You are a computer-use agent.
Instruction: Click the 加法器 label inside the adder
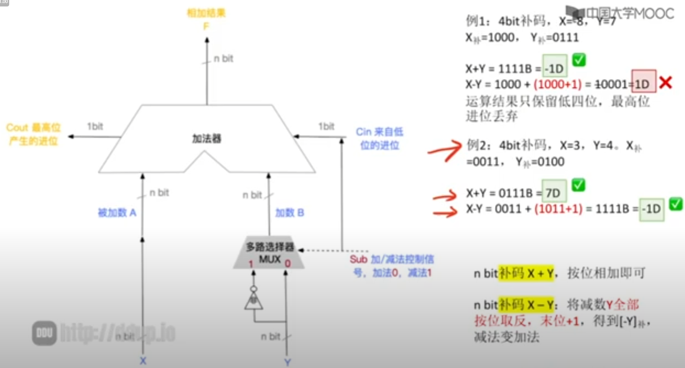(206, 138)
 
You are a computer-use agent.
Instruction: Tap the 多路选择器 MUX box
(269, 252)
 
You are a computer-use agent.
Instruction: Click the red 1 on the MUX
(251, 264)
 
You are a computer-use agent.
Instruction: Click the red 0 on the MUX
(287, 264)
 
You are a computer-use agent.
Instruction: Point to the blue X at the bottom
(143, 361)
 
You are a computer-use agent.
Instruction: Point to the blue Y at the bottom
(287, 362)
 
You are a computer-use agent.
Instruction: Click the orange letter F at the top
(206, 27)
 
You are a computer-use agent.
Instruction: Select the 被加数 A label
(117, 213)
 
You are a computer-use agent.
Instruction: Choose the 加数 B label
(289, 213)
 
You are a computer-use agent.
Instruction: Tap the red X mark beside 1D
(665, 83)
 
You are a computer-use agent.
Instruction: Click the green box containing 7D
(554, 193)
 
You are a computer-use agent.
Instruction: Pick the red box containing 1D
(643, 82)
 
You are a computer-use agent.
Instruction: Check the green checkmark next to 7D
(578, 185)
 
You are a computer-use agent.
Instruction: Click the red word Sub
(358, 260)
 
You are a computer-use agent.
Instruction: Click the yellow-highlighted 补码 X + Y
(526, 273)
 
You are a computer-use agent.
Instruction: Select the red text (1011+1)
(558, 208)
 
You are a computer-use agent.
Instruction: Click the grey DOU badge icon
(45, 333)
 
